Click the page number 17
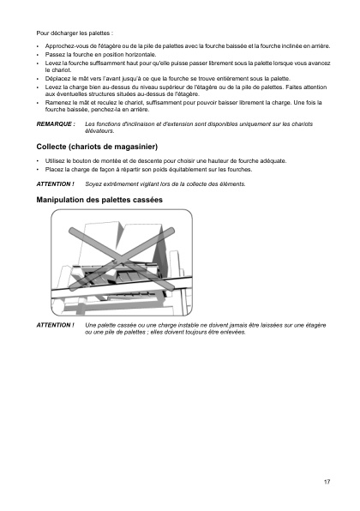[327, 481]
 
